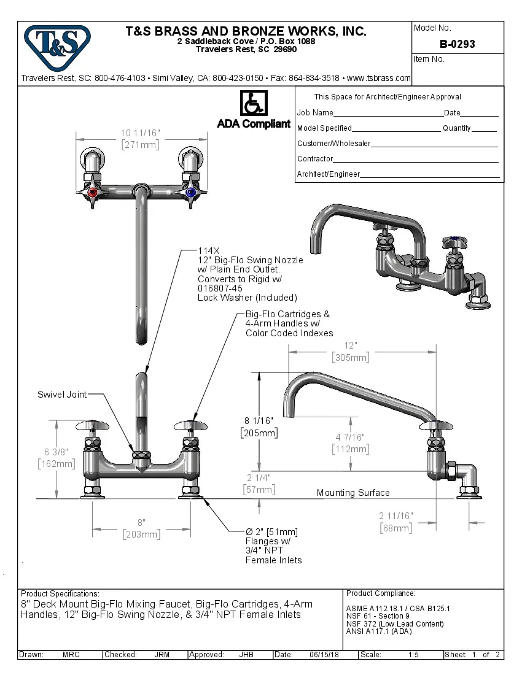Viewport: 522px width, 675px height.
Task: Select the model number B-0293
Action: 457,44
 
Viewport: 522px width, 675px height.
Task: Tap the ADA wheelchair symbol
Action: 253,103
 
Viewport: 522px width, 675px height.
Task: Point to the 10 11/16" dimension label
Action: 140,133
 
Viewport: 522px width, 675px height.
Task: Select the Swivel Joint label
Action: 62,395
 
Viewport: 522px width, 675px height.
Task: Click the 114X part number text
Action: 208,251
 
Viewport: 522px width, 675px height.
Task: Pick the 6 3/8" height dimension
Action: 56,452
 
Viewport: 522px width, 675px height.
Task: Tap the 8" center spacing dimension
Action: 141,522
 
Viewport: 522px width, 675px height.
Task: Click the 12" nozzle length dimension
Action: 350,346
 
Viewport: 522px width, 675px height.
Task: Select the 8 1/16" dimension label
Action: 259,420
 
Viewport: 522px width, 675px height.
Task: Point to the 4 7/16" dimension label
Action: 350,437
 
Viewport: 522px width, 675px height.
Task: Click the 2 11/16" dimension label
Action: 395,516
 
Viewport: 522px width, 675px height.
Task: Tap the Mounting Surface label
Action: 353,493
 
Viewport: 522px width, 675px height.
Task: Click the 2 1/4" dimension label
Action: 259,477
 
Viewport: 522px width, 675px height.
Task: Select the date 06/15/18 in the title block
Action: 324,655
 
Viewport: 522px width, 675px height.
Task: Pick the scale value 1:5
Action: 413,655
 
